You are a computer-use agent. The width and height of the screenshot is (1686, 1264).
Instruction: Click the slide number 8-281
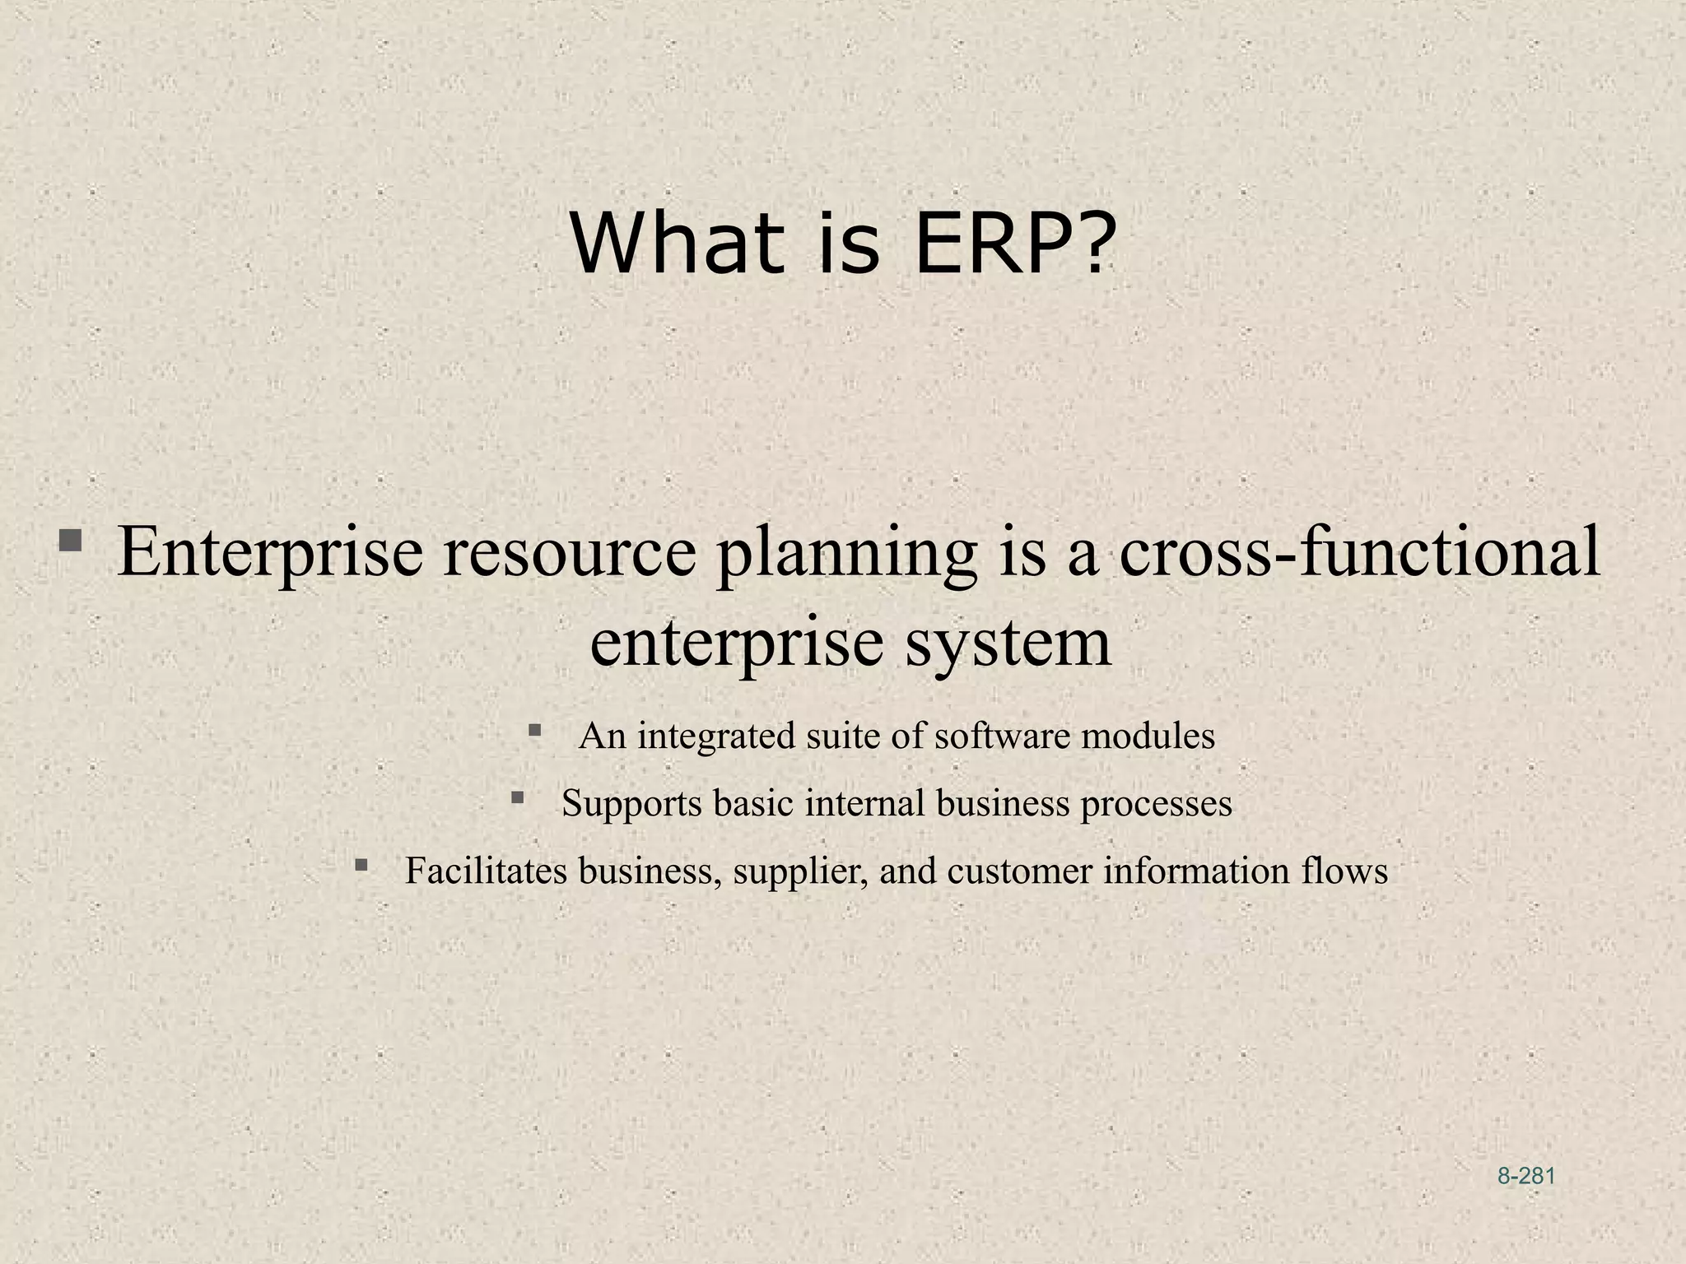point(1525,1176)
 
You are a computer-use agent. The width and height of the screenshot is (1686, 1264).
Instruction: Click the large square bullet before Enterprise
point(70,541)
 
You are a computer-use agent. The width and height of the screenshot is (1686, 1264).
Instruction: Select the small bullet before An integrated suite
point(535,730)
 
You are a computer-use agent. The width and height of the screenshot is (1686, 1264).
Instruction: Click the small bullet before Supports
point(518,797)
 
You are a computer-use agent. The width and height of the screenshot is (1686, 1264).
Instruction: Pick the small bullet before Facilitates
point(361,865)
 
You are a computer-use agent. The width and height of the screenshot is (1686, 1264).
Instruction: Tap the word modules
point(1148,736)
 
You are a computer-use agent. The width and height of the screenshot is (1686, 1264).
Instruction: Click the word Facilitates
point(486,871)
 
